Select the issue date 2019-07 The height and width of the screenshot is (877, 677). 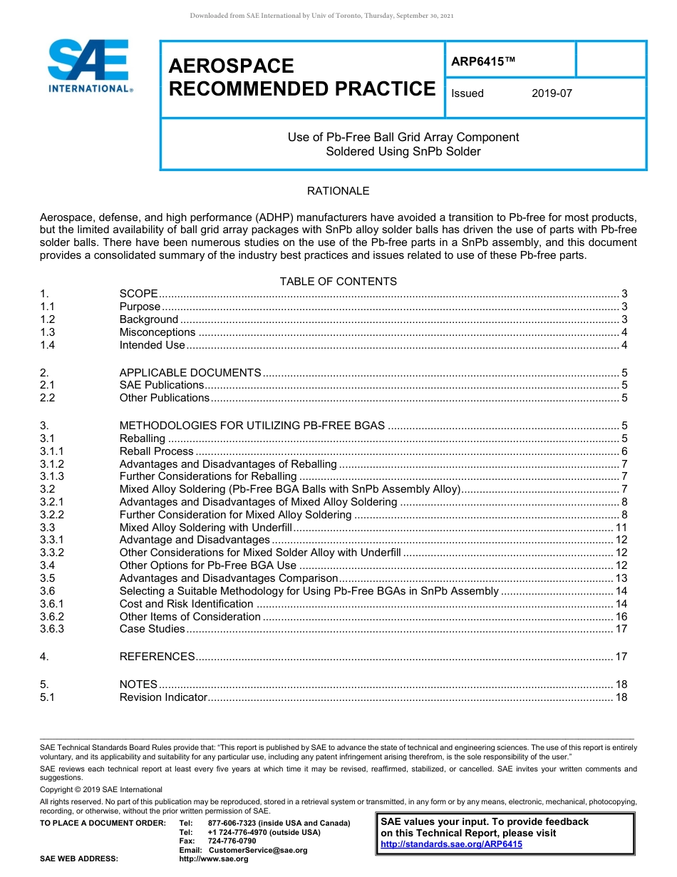click(552, 93)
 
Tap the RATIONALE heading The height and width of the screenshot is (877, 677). click(338, 191)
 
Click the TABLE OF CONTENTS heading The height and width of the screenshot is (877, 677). click(338, 282)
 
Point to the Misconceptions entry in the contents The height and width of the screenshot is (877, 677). click(157, 332)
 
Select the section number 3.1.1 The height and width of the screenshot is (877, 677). click(52, 451)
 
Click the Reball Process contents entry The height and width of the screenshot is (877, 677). click(156, 451)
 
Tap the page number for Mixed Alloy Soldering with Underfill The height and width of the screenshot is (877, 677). click(621, 528)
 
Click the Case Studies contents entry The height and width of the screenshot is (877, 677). click(152, 629)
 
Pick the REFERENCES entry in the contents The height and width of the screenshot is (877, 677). click(157, 657)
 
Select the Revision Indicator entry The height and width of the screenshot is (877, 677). click(163, 697)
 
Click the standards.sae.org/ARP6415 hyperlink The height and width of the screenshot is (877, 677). click(451, 844)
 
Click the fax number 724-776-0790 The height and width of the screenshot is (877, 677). click(232, 841)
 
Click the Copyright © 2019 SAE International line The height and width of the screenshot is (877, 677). click(101, 789)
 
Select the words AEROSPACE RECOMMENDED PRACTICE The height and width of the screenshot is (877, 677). click(301, 78)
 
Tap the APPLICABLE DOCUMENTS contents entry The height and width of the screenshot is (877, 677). click(190, 373)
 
